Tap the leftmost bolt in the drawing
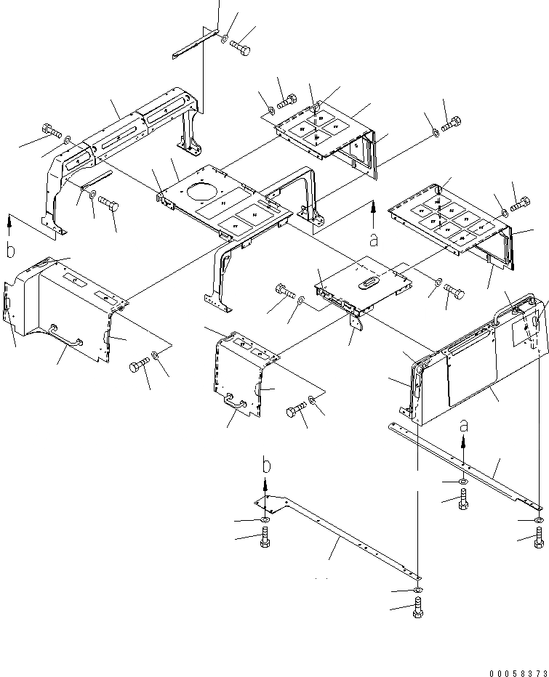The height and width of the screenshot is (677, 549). point(51,130)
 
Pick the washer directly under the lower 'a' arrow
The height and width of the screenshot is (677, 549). point(463,482)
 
